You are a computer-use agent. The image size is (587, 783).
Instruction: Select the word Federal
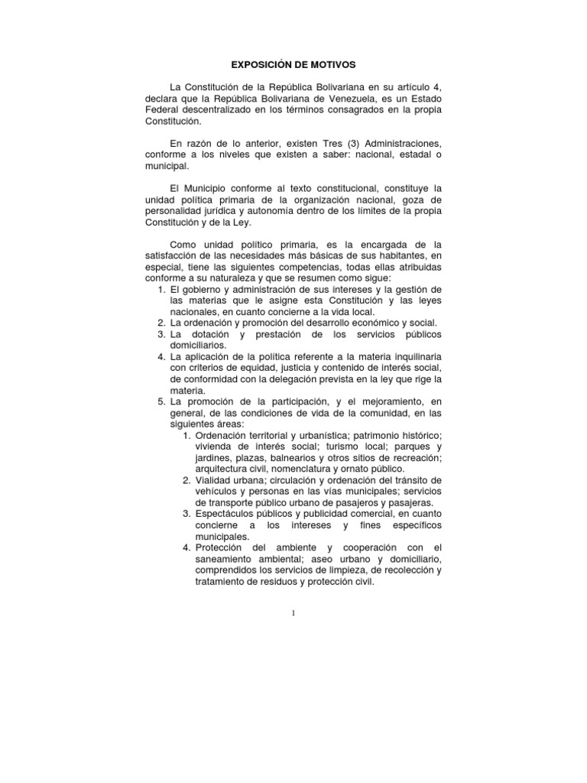pyautogui.click(x=163, y=110)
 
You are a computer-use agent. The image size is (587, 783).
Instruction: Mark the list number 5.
pyautogui.click(x=161, y=401)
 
